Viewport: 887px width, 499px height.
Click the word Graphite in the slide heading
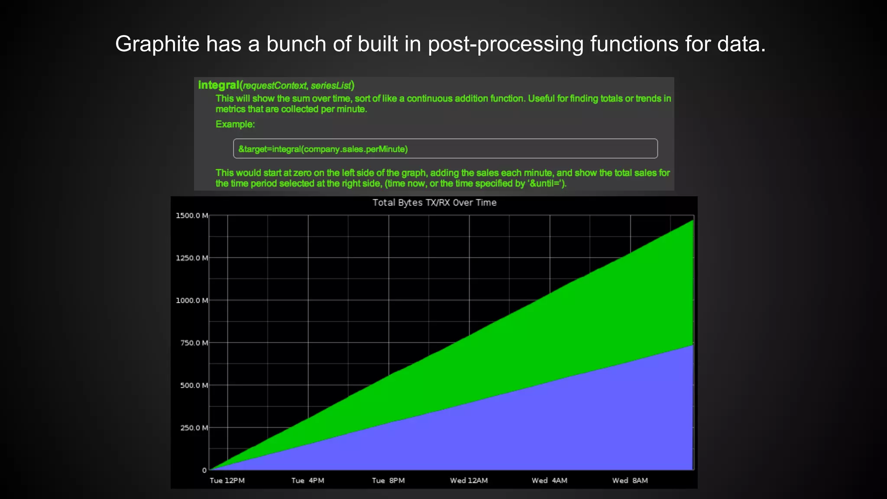(x=157, y=44)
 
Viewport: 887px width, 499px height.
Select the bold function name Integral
(x=219, y=85)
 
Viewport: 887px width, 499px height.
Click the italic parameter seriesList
(x=331, y=85)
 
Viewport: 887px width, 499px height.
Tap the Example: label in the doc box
(x=235, y=124)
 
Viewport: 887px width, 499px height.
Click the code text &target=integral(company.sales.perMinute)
(x=323, y=149)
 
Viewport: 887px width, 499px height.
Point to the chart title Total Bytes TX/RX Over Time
(x=434, y=203)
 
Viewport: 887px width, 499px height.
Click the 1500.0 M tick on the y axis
(x=192, y=216)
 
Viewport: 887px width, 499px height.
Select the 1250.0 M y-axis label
(x=192, y=258)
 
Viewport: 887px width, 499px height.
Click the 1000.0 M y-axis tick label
(x=192, y=301)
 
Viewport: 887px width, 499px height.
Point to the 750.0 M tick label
(x=194, y=343)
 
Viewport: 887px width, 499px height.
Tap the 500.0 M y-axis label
(x=194, y=386)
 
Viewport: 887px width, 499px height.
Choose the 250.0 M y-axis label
(x=194, y=428)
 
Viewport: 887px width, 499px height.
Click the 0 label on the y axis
(x=204, y=470)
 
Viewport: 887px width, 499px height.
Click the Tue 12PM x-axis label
(x=227, y=481)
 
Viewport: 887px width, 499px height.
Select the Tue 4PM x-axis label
(x=308, y=481)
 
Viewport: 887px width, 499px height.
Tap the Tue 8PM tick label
(x=388, y=481)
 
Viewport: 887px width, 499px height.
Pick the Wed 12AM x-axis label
(x=469, y=481)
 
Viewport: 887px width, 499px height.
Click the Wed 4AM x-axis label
(x=549, y=481)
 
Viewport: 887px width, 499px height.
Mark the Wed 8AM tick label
(x=630, y=481)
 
